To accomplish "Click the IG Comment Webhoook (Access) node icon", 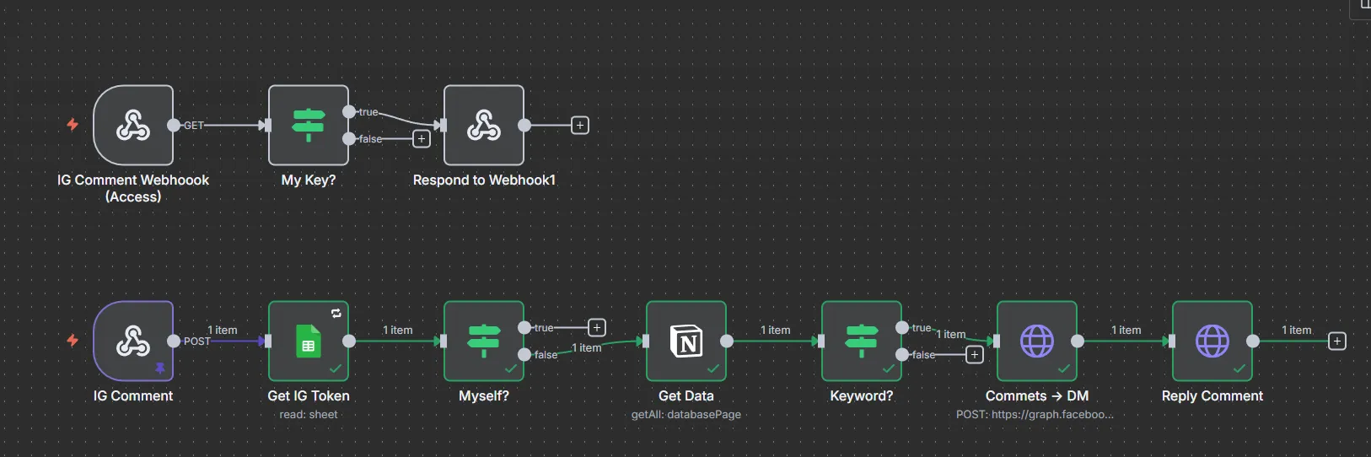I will point(133,126).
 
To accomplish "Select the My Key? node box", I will point(309,126).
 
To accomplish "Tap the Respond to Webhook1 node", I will point(484,126).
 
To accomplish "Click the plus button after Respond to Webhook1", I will point(580,126).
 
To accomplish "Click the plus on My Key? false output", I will point(422,138).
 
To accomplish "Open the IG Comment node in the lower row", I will point(133,341).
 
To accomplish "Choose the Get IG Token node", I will point(309,341).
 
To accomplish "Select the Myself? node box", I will point(484,341).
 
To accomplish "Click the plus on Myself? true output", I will point(597,327).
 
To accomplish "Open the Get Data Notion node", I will point(686,341).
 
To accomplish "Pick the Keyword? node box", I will point(862,341).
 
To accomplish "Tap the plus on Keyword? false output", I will point(975,355).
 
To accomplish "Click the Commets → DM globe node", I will point(1037,341).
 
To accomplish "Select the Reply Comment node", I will point(1212,341).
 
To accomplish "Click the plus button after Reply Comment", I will point(1336,341).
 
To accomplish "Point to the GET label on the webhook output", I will point(194,126).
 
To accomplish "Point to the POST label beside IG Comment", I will point(197,341).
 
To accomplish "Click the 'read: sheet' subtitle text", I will point(309,415).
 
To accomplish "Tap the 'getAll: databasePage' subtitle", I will point(686,415).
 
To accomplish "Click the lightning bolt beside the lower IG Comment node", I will point(73,341).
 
